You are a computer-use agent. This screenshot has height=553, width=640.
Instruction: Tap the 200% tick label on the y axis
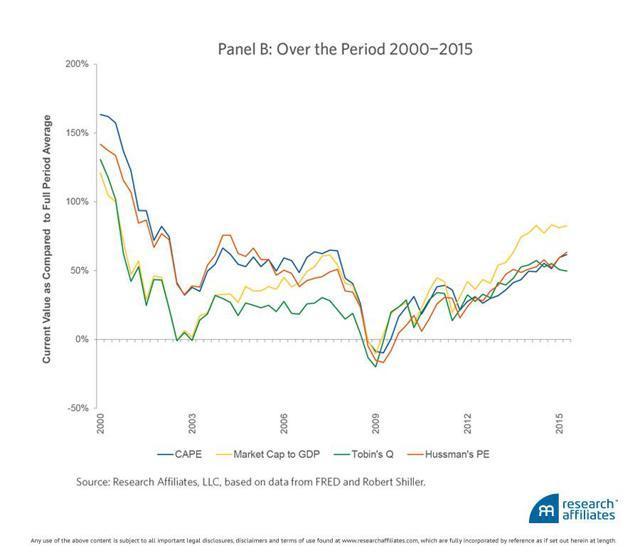[x=76, y=63]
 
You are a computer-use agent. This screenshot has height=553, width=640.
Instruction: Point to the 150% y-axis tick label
[x=76, y=132]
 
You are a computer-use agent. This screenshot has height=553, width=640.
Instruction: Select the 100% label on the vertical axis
[x=76, y=201]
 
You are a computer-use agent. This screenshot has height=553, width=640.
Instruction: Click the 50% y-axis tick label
[x=79, y=270]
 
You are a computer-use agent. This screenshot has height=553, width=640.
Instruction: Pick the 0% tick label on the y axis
[x=82, y=339]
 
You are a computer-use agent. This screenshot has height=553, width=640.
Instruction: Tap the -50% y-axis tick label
[x=78, y=408]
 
